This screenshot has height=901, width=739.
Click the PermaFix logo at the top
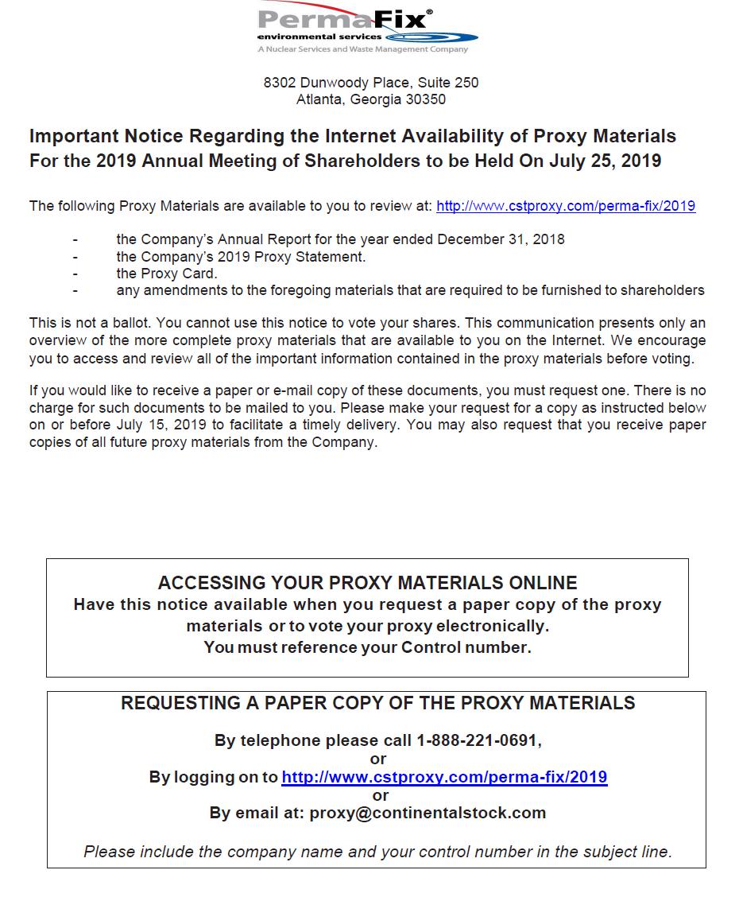click(367, 24)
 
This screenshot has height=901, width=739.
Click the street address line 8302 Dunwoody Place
click(370, 83)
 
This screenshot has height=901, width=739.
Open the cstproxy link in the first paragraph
click(566, 206)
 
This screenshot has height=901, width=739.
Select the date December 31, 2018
click(501, 239)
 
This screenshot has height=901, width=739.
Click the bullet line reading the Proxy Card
click(167, 274)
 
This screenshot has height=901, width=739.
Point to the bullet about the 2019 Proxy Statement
click(241, 257)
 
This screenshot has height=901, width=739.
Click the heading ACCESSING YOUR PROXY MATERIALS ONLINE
click(367, 583)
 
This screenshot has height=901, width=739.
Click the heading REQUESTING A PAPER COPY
click(377, 703)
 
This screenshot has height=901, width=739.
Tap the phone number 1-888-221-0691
click(478, 740)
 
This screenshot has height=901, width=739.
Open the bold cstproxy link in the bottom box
click(444, 777)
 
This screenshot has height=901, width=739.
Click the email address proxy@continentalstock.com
click(428, 813)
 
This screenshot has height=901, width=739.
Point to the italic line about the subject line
click(377, 852)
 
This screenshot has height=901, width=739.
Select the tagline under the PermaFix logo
click(362, 49)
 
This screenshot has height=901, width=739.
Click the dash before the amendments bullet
click(75, 290)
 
